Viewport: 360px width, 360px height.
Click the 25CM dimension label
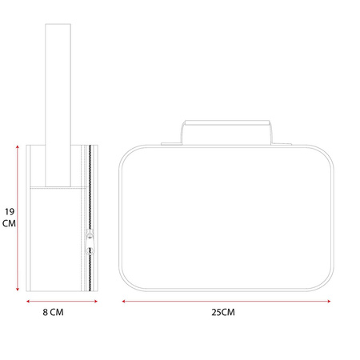(223, 312)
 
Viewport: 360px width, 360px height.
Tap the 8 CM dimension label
(53, 312)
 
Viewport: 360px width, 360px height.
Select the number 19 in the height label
(10, 212)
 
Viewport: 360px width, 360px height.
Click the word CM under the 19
(9, 223)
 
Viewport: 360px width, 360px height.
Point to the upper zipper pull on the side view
(90, 234)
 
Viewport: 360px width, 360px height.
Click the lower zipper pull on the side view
(90, 249)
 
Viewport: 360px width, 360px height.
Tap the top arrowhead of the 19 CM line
(18, 147)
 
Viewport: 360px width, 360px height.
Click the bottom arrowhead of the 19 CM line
(18, 289)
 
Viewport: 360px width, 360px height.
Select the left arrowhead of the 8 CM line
(28, 302)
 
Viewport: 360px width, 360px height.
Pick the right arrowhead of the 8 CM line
(96, 302)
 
